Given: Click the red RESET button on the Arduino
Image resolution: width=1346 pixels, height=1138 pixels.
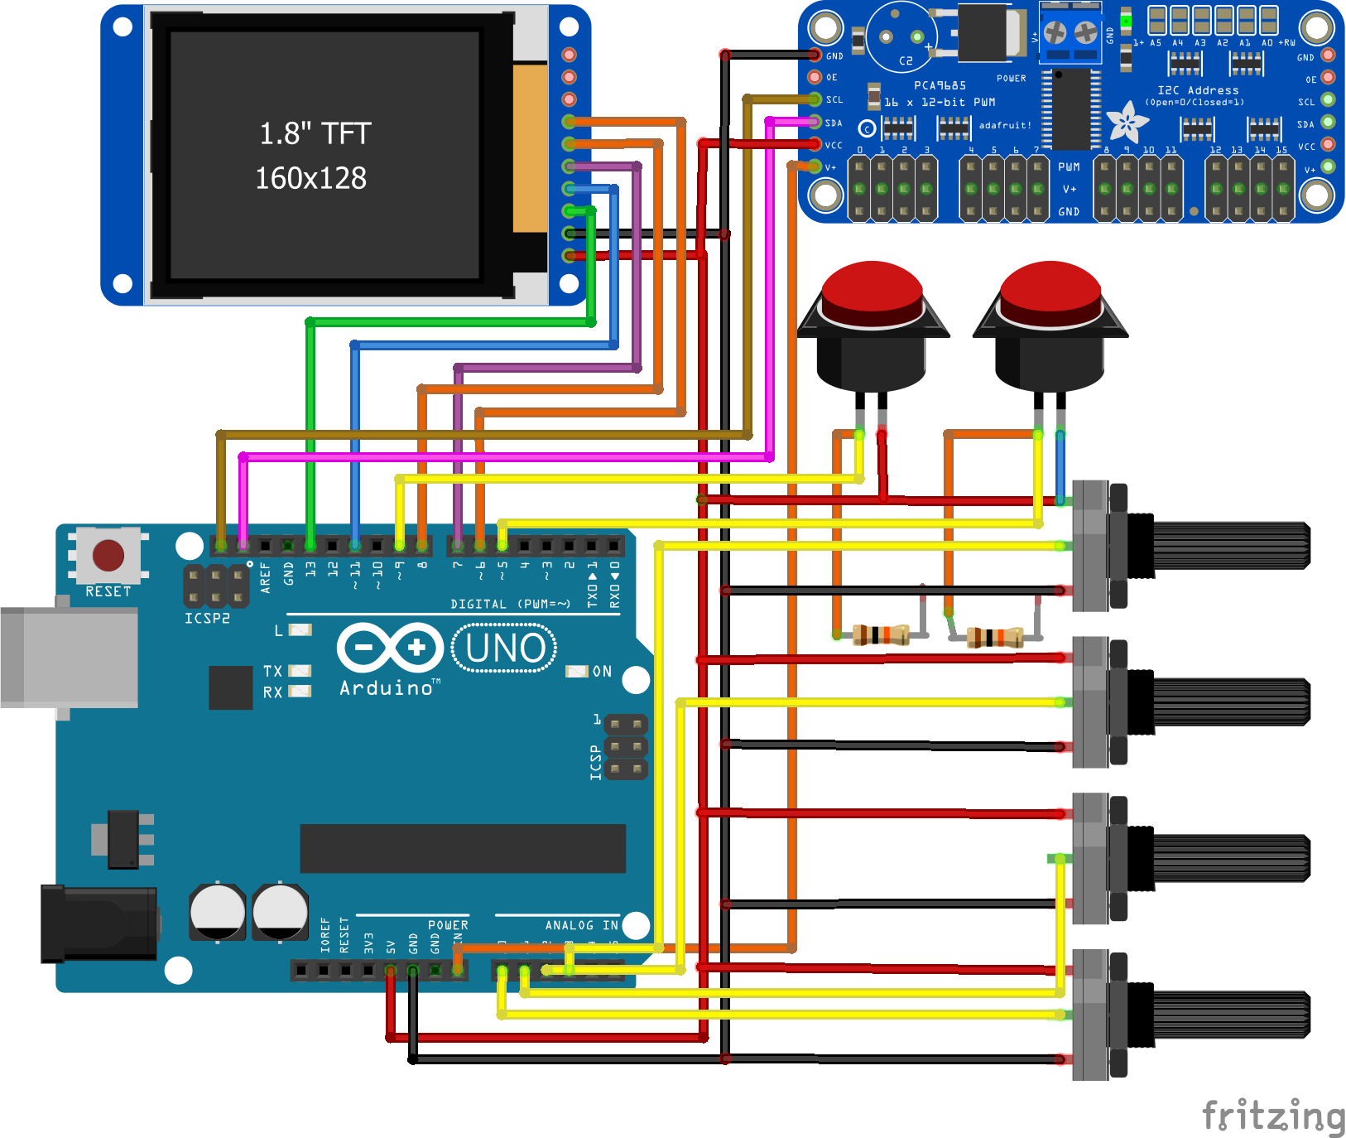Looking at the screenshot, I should coord(108,556).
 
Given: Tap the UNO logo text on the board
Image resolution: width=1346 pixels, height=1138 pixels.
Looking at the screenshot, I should coord(505,648).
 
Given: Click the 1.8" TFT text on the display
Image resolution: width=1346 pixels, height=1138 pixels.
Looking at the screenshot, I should coord(315,133).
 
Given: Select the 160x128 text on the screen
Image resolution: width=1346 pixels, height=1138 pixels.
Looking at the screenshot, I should coord(310,178).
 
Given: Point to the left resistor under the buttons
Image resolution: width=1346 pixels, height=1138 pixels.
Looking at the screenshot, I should coord(881,635).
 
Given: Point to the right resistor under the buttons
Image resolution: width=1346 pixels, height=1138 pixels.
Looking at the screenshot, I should coord(995,638).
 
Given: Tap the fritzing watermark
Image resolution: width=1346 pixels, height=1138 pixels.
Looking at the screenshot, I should coord(1272,1116).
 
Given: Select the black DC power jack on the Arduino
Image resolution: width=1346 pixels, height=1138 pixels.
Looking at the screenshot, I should coord(99,923).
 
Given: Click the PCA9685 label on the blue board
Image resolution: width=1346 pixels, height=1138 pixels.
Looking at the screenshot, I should coord(940,85).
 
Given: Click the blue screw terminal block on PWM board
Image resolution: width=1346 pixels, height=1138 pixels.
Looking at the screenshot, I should coord(1070,33).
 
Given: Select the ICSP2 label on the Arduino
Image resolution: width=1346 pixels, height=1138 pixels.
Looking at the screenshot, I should coord(207,618).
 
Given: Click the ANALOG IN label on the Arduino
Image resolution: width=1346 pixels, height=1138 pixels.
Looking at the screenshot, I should coord(581,925).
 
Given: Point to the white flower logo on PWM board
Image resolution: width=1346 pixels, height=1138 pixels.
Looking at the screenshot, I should coord(1127,123).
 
